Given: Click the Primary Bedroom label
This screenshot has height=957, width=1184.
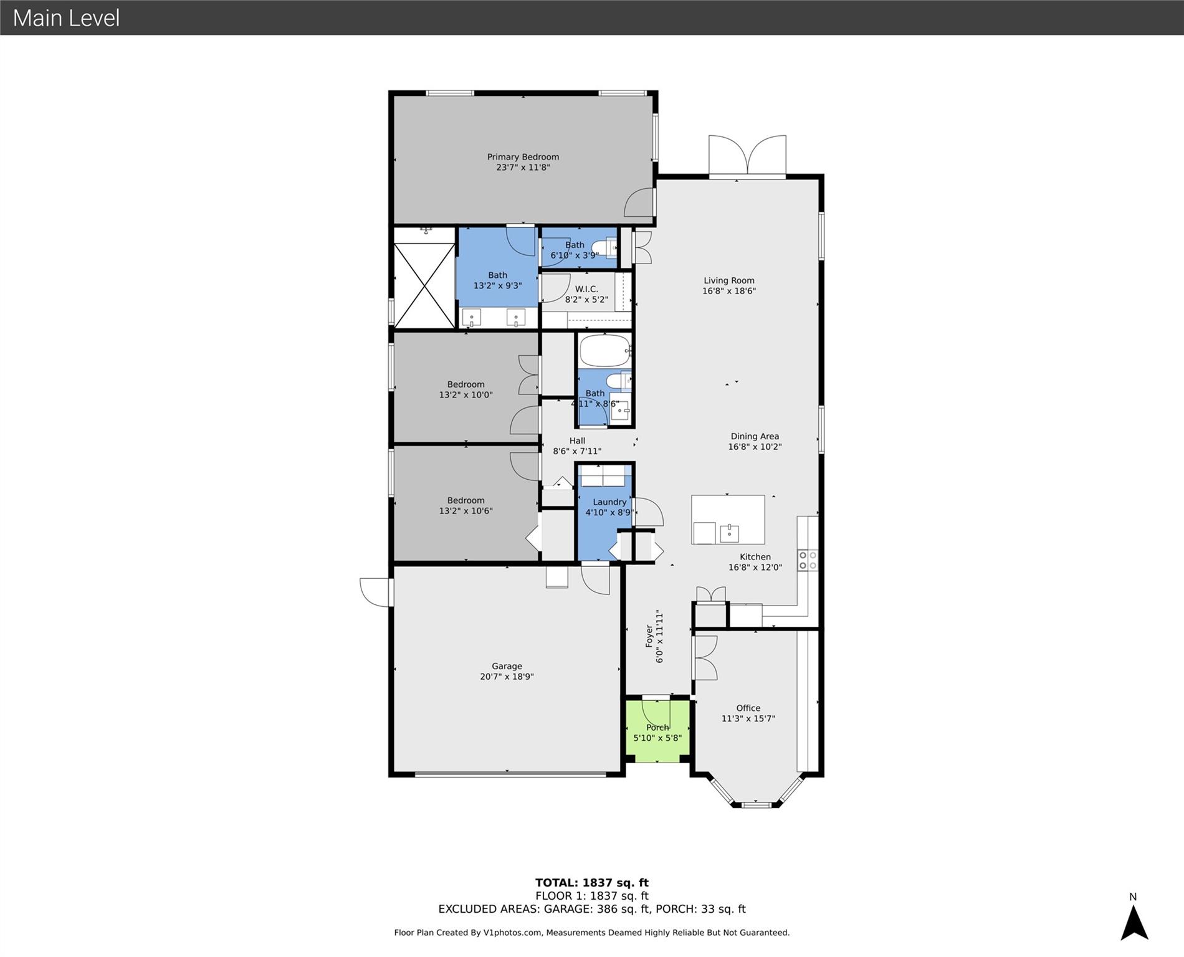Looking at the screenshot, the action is pyautogui.click(x=523, y=157).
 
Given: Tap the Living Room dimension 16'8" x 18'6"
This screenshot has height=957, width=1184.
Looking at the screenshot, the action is pyautogui.click(x=729, y=291).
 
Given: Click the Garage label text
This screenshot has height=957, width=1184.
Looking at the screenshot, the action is pyautogui.click(x=507, y=666).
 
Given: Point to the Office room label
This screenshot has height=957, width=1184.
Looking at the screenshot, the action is pyautogui.click(x=748, y=708).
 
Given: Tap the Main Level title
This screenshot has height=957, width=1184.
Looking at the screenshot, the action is pyautogui.click(x=67, y=18).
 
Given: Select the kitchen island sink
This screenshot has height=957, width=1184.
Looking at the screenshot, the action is pyautogui.click(x=729, y=533).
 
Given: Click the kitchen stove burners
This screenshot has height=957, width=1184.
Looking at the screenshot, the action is pyautogui.click(x=808, y=560).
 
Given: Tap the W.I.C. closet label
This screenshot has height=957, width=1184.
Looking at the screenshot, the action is pyautogui.click(x=586, y=289).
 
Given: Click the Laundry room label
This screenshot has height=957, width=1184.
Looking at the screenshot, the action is pyautogui.click(x=609, y=502).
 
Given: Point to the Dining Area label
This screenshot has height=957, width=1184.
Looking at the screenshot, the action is pyautogui.click(x=755, y=436).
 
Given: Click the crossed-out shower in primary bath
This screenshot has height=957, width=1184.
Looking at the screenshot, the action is pyautogui.click(x=424, y=285).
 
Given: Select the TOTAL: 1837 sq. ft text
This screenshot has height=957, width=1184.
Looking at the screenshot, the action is pyautogui.click(x=592, y=882).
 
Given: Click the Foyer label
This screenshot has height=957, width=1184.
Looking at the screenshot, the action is pyautogui.click(x=649, y=636).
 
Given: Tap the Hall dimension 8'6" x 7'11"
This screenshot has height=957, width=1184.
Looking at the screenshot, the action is pyautogui.click(x=577, y=451).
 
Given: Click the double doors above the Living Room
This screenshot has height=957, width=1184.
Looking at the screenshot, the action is pyautogui.click(x=747, y=156).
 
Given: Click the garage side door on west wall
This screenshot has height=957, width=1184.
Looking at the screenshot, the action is pyautogui.click(x=376, y=592).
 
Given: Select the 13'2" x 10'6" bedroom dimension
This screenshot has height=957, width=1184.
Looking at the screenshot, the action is pyautogui.click(x=466, y=511).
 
